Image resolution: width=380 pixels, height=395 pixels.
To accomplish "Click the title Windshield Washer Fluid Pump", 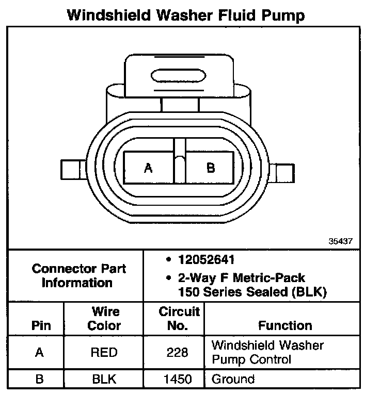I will tap(186, 15).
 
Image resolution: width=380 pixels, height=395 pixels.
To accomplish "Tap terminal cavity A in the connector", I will tap(149, 168).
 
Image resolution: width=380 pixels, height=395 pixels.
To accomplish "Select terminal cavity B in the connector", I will tap(211, 168).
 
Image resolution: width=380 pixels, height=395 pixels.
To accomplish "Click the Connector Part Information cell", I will tap(78, 275).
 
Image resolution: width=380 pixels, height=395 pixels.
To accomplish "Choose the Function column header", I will tap(284, 325).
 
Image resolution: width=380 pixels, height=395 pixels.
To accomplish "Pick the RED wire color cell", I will tap(104, 353).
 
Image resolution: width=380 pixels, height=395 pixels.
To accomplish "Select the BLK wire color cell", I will tap(104, 380).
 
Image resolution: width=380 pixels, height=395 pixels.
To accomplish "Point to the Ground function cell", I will tap(233, 380).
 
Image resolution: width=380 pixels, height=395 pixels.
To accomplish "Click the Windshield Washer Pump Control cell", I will tap(267, 352).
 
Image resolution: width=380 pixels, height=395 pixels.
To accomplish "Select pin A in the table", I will tap(40, 353).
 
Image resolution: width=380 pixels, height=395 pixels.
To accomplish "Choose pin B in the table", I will tap(40, 380).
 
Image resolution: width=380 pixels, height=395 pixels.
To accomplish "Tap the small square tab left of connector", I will tap(70, 169).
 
